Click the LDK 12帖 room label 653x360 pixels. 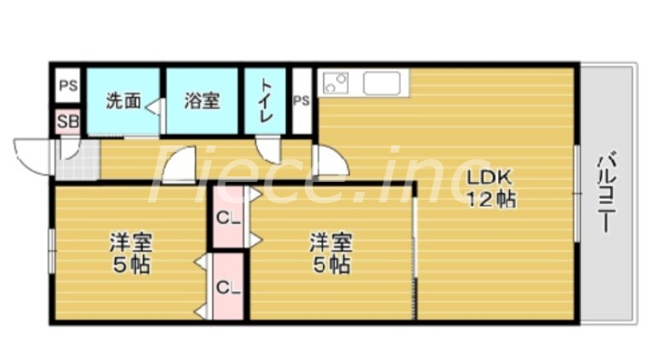[x=490, y=188]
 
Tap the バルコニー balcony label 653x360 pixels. [x=606, y=192]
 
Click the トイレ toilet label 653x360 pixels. [x=266, y=101]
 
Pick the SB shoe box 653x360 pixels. [x=68, y=122]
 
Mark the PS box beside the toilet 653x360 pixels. [x=301, y=101]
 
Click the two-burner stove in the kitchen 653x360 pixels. [x=335, y=83]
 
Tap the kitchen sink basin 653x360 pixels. [x=380, y=83]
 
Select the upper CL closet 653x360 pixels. [x=229, y=218]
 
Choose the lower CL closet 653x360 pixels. [x=229, y=287]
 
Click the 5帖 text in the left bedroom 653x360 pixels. [x=131, y=265]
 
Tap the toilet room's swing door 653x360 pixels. [x=268, y=149]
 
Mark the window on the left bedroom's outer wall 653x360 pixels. [x=52, y=249]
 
